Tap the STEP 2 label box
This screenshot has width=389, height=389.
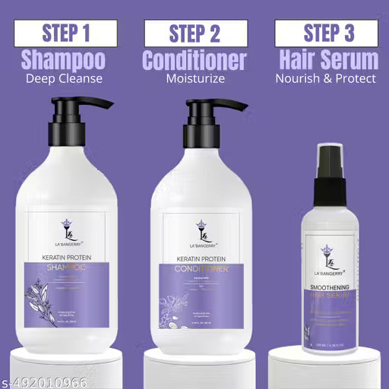[x=194, y=33]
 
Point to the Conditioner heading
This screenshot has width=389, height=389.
[x=194, y=59]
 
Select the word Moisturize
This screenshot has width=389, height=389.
[x=194, y=77]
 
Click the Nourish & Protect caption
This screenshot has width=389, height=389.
[x=326, y=77]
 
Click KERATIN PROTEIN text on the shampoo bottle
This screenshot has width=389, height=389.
[x=67, y=258]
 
